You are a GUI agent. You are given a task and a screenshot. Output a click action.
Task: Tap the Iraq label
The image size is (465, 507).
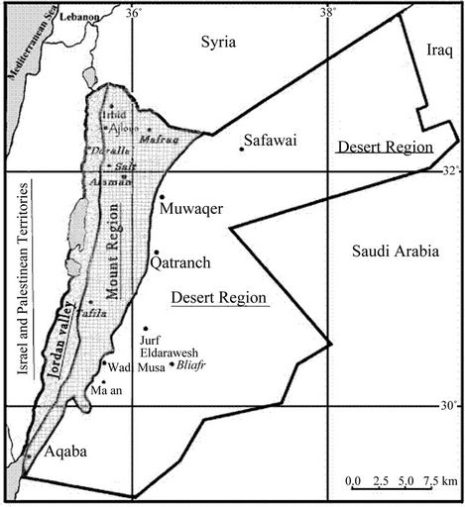coord(437,50)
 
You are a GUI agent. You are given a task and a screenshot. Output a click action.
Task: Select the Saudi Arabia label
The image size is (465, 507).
coord(395,252)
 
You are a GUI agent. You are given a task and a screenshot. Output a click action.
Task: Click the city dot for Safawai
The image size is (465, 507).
coord(241,150)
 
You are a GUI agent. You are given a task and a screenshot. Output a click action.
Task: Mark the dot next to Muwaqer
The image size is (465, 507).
coord(161,197)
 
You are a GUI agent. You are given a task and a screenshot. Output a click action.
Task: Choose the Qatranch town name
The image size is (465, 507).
coord(178,264)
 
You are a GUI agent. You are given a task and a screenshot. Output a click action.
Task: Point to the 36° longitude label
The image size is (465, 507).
coord(133,11)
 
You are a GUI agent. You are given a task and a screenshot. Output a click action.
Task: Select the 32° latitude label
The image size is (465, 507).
coord(449,170)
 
